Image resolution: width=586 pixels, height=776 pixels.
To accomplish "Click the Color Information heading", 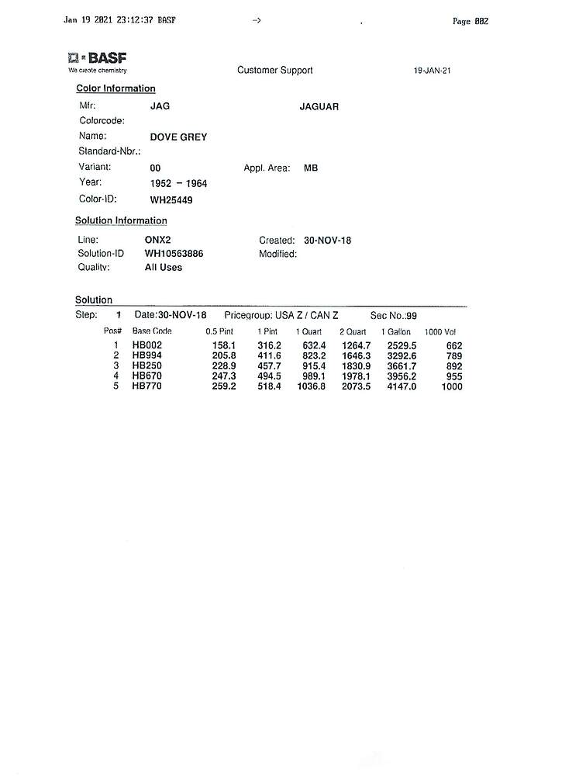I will tap(115, 88).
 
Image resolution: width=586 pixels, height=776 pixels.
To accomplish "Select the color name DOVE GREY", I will tap(178, 137).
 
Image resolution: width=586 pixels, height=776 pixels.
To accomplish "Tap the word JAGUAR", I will tap(319, 107).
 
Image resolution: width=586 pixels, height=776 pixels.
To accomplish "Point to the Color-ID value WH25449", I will tap(171, 199).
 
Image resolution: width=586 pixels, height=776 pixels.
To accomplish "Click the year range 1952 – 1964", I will tap(178, 184).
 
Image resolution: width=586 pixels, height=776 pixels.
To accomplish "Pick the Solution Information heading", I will tap(121, 221).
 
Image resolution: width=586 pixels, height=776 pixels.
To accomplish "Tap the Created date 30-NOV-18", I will tap(328, 241).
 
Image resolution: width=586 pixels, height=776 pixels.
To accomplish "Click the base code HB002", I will tap(146, 345).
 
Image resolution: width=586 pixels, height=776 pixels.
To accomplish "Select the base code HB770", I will tap(146, 386).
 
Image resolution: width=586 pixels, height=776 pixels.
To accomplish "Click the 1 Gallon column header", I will tap(395, 331).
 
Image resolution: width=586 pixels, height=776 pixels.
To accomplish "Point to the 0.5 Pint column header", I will tap(219, 331).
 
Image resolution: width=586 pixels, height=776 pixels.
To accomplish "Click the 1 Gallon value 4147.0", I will tap(402, 386).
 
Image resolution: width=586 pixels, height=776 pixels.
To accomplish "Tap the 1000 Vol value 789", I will tap(453, 356).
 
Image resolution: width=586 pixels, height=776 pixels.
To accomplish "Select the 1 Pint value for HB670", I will tap(269, 376).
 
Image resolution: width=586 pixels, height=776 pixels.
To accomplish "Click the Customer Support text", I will tap(275, 71).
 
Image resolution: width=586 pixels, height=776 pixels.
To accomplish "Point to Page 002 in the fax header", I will tap(471, 21).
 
